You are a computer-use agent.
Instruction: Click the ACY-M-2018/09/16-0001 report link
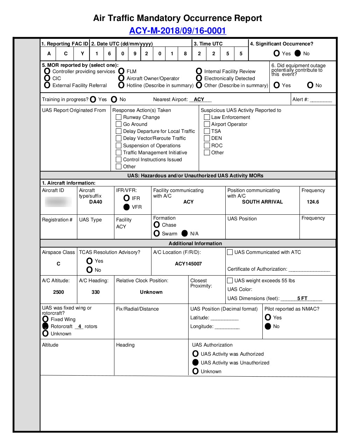pyautogui.click(x=177, y=31)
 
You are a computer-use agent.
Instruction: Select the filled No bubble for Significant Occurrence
pyautogui.click(x=298, y=54)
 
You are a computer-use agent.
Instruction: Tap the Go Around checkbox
pyautogui.click(x=119, y=124)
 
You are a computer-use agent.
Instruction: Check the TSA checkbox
pyautogui.click(x=207, y=131)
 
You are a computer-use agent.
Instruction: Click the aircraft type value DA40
pyautogui.click(x=96, y=202)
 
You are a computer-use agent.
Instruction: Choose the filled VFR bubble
pyautogui.click(x=127, y=207)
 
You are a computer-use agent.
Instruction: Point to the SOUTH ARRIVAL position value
pyautogui.click(x=262, y=202)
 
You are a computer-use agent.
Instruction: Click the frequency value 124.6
pyautogui.click(x=313, y=202)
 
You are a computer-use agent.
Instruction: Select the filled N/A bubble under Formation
pyautogui.click(x=185, y=234)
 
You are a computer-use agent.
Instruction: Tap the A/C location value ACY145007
pyautogui.click(x=188, y=264)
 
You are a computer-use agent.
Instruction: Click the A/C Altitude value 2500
pyautogui.click(x=58, y=292)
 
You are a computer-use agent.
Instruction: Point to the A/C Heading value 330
pyautogui.click(x=96, y=292)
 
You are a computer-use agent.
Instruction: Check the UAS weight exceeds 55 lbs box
pyautogui.click(x=230, y=280)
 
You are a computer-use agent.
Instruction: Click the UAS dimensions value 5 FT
pyautogui.click(x=302, y=298)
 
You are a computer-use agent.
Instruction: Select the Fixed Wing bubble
pyautogui.click(x=45, y=319)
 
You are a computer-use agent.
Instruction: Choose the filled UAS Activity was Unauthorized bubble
pyautogui.click(x=196, y=363)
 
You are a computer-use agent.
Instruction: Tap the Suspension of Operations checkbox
pyautogui.click(x=119, y=145)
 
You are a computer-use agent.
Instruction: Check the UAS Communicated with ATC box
pyautogui.click(x=230, y=252)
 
